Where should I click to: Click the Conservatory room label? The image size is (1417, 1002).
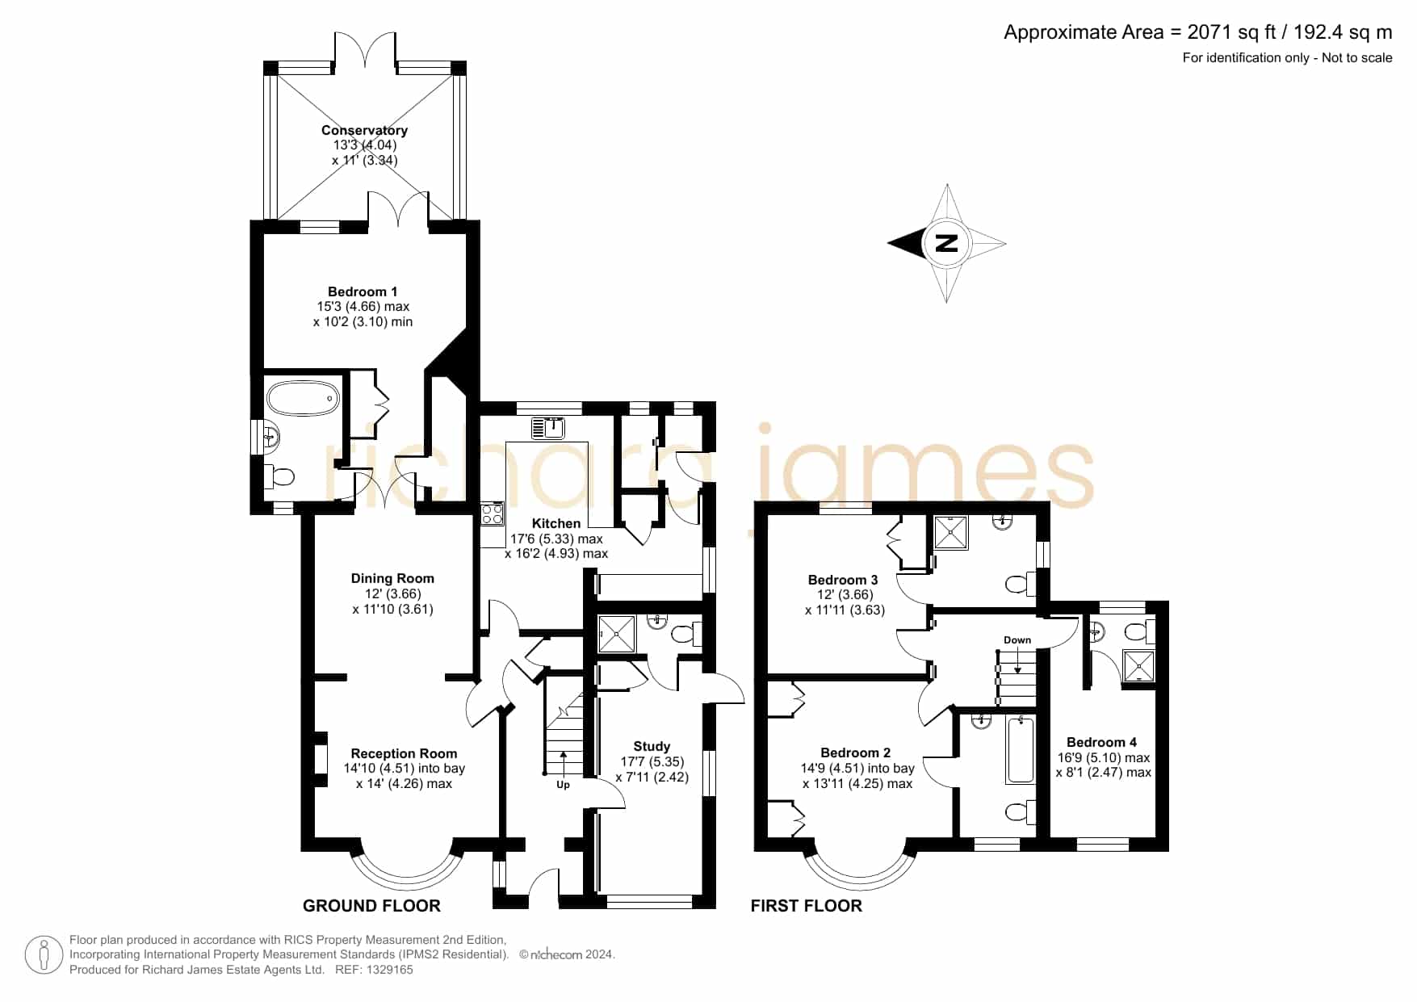[x=364, y=130]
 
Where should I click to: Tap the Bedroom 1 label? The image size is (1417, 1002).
[x=363, y=291]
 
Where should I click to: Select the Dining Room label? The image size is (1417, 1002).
[x=392, y=578]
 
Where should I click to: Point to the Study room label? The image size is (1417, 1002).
[x=652, y=746]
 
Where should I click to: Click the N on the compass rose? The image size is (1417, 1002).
[x=946, y=243]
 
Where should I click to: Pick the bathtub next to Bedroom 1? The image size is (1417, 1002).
[x=303, y=398]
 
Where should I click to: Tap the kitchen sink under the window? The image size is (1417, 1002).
[x=549, y=427]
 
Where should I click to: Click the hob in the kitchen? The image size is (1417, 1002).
[x=492, y=514]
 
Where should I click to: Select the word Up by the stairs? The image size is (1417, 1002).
[x=563, y=785]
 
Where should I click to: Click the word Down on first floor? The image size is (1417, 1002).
[x=1017, y=640]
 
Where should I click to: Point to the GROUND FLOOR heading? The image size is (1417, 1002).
[x=371, y=906]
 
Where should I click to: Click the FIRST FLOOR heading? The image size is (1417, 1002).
[x=806, y=906]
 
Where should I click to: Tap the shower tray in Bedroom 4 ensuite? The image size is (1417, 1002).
[x=1139, y=665]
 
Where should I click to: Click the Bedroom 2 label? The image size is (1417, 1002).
[x=855, y=753]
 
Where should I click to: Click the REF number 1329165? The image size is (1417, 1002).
[x=392, y=970]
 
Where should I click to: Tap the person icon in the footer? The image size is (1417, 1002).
[x=44, y=955]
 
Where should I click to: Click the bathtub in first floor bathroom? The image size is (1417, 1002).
[x=1021, y=750]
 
